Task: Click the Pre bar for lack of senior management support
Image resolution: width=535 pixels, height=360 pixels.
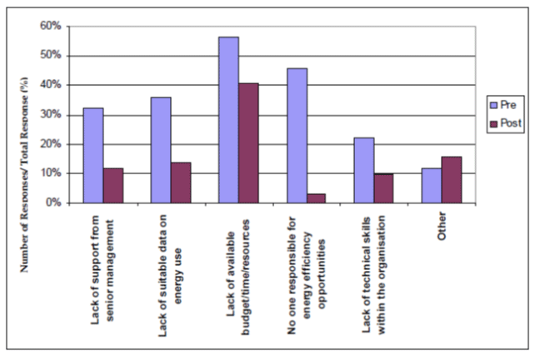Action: (92, 155)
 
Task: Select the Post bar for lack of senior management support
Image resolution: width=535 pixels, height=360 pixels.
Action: (112, 185)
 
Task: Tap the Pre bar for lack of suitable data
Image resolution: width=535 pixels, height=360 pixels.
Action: (161, 150)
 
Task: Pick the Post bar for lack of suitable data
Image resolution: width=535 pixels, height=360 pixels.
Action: (181, 182)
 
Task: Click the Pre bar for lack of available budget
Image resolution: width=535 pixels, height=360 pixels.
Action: (228, 120)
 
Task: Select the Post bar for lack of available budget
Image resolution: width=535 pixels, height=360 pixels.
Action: (248, 142)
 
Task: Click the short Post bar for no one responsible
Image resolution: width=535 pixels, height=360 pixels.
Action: (317, 198)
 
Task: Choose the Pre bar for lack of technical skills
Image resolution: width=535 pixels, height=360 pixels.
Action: (364, 170)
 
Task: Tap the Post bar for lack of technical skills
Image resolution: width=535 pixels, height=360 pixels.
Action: (384, 188)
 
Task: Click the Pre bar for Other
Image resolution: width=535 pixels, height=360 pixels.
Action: (432, 185)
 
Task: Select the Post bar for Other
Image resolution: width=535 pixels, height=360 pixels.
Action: (452, 179)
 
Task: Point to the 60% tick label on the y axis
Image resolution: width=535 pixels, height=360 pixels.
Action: (50, 27)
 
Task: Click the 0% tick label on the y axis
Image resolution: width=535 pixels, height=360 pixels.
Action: (52, 202)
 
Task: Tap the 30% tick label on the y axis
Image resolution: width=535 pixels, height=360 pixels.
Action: (50, 115)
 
